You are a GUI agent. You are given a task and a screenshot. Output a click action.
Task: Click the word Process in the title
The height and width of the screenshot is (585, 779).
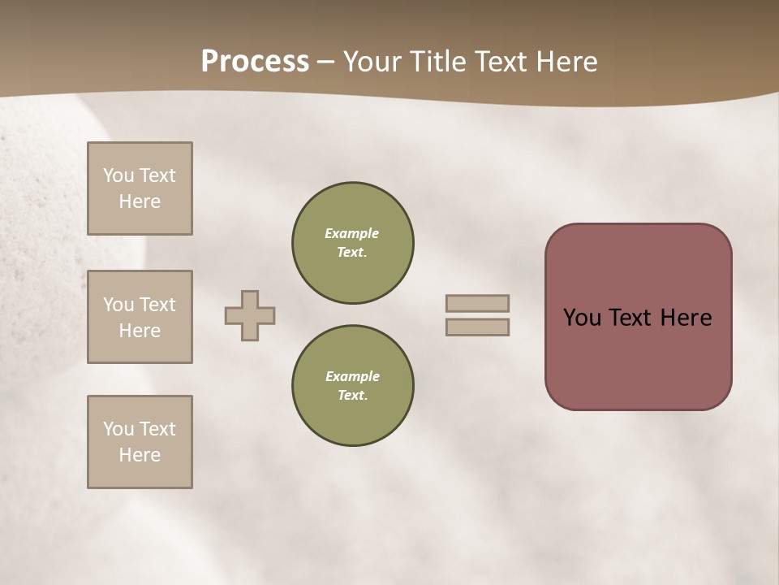tap(255, 62)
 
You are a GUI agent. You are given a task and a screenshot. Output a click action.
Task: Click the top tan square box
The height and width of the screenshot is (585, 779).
tap(140, 188)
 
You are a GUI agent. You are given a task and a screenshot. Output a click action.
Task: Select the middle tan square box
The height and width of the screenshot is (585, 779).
tap(140, 317)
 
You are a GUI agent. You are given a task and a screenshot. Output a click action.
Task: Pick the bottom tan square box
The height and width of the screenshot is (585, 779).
tap(140, 442)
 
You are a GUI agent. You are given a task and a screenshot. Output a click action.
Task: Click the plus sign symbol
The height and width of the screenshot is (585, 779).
tap(250, 315)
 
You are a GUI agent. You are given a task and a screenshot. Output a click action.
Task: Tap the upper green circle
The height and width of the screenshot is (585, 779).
tap(353, 243)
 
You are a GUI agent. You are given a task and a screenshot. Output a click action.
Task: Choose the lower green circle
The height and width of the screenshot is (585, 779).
tap(353, 386)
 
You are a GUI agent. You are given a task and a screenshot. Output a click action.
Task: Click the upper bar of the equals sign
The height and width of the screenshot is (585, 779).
tap(478, 303)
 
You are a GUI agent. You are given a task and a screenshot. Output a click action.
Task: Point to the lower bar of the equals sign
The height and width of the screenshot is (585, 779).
tap(478, 327)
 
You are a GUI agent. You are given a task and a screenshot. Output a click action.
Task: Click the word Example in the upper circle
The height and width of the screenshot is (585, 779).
tap(352, 233)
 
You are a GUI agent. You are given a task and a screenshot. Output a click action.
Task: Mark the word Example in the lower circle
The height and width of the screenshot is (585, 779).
tap(352, 376)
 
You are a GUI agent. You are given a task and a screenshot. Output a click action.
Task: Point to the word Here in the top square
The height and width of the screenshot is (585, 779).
tap(140, 201)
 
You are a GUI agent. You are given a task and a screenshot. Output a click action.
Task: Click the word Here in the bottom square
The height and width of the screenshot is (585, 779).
tap(140, 455)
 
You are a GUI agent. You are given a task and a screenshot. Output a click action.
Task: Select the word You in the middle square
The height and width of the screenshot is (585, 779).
tap(118, 305)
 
